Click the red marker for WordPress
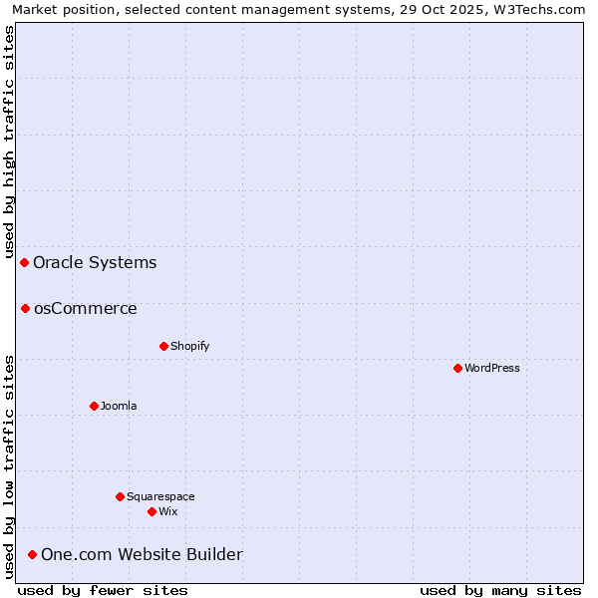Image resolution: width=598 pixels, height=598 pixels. [x=457, y=368]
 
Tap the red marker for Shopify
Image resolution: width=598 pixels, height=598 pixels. [x=163, y=346]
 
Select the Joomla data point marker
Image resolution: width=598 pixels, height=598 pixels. [x=94, y=406]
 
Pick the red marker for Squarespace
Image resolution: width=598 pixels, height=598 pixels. [x=120, y=496]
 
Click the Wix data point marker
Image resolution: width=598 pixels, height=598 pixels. [x=151, y=511]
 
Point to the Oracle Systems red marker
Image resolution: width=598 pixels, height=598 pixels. [x=24, y=262]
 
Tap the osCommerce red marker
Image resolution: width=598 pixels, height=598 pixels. [x=25, y=308]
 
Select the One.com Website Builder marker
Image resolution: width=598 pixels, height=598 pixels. [x=32, y=554]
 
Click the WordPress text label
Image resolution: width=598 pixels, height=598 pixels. [x=492, y=368]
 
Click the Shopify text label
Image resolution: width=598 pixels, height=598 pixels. [x=190, y=346]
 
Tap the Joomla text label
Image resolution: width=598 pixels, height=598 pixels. [x=119, y=406]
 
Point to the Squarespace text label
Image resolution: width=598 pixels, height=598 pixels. [x=160, y=496]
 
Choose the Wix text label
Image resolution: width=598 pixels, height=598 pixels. [x=168, y=511]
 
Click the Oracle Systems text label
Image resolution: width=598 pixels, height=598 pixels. [x=95, y=262]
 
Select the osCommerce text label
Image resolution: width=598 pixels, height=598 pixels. [x=86, y=308]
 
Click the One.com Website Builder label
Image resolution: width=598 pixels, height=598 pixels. [x=142, y=554]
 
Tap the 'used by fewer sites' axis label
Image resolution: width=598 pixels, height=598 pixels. [x=103, y=590]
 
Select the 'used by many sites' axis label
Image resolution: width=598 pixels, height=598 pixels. [x=500, y=590]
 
